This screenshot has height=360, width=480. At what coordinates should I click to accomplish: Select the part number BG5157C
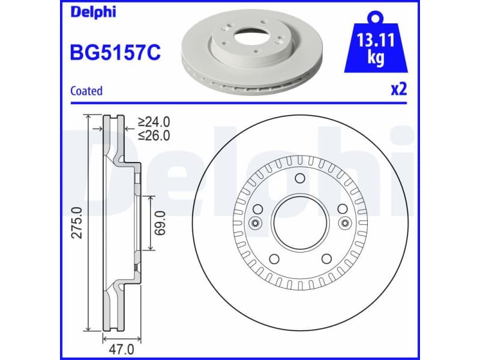coord(115,52)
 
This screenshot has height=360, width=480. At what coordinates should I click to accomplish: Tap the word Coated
coord(86,91)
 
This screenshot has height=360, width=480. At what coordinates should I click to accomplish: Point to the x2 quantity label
coord(399,90)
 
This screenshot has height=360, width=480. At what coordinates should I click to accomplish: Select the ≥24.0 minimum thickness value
coord(154,123)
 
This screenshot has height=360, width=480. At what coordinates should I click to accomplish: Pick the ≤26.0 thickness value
coord(154,136)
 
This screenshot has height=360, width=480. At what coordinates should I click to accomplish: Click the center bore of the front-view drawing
coord(301,223)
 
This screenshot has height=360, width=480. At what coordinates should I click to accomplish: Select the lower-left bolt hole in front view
coord(274,259)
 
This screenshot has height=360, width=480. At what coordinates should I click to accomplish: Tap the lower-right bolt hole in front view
coord(327,259)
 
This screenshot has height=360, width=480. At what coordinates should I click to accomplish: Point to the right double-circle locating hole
coord(346,223)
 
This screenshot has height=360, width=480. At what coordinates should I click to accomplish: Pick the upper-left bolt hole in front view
coord(259,209)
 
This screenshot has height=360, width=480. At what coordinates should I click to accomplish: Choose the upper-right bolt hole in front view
coord(343,209)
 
